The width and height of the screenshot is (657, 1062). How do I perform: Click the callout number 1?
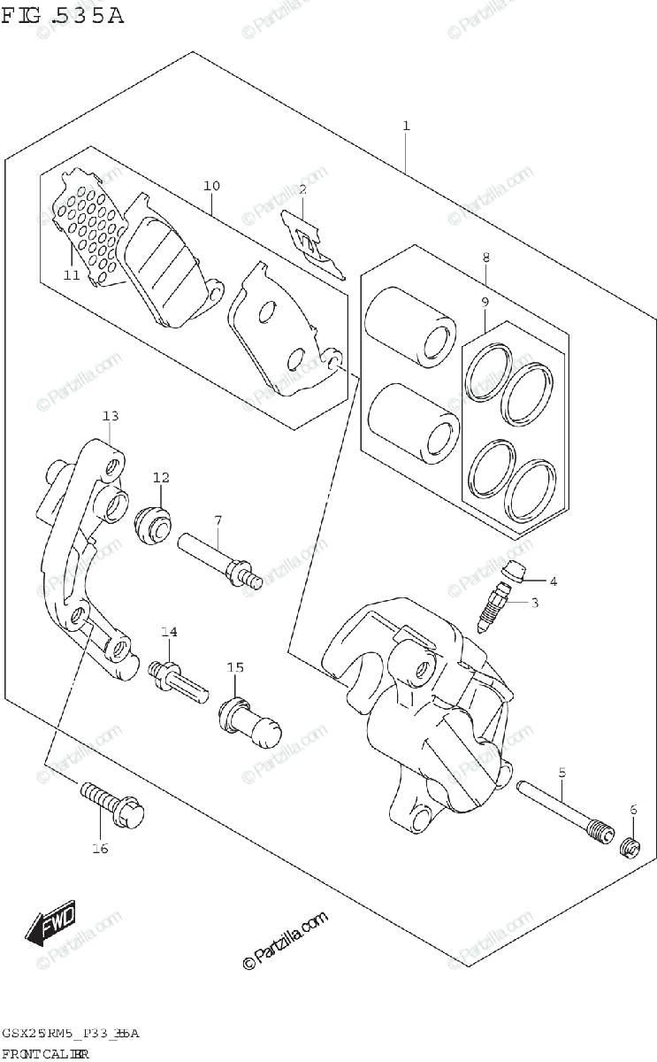pos(406,127)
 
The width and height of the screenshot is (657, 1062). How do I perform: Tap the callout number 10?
pos(211,186)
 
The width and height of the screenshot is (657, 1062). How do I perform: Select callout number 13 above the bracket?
pos(110,416)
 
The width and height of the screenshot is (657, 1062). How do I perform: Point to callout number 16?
pos(99,849)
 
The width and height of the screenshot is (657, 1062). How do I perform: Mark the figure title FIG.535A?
pos(63,15)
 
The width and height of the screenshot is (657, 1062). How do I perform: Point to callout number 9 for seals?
pos(485,303)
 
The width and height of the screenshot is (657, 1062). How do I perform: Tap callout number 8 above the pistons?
pos(485,258)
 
